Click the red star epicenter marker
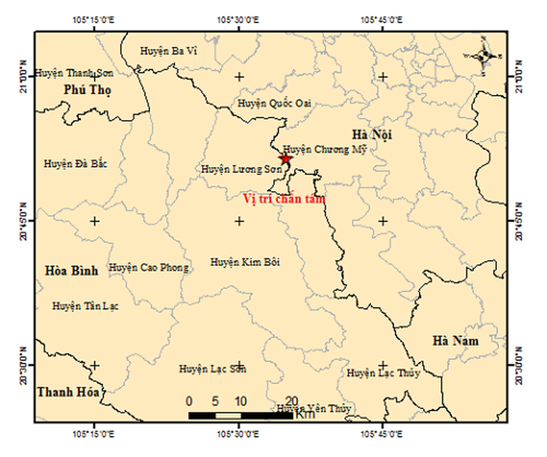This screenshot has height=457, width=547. pos(285,159)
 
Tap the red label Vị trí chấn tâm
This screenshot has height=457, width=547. pos(284,199)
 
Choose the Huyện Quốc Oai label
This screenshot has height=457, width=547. pos(275,103)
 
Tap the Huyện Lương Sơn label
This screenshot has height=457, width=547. pos(236,169)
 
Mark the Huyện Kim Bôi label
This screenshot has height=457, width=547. pos(245,262)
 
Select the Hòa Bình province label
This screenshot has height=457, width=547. pos(71,271)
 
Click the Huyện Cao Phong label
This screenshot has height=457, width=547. pos(149,268)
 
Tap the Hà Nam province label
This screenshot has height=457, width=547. pos(455,341)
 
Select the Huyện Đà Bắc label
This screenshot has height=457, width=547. pos(75,164)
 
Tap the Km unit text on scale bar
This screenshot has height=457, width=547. pos(306,415)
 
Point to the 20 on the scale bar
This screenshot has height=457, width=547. pos(292,401)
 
